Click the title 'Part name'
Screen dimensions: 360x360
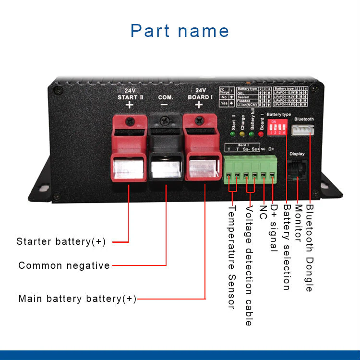coord(180,31)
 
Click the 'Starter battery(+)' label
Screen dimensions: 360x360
coord(61,241)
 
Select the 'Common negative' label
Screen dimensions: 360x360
coord(64,265)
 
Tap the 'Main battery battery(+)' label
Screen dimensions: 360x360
coord(77,299)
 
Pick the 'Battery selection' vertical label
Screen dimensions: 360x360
coord(287,248)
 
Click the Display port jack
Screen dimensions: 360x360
coord(297,169)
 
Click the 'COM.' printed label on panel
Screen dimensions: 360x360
coord(166,97)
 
